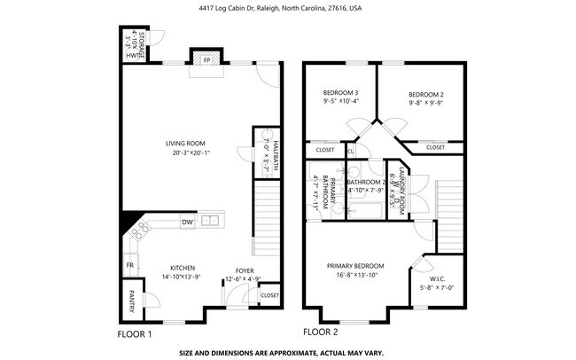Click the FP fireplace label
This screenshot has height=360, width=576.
[207, 61]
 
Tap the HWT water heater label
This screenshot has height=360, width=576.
[132, 56]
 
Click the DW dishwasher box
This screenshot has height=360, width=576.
[187, 222]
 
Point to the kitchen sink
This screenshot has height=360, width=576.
[211, 221]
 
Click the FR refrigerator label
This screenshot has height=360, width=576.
[129, 265]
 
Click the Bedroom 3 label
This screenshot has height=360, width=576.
[340, 93]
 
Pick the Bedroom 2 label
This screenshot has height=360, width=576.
[425, 94]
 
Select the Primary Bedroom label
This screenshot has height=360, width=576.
[355, 266]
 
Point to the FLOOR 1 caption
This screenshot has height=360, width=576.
[135, 334]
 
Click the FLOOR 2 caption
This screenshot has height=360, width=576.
[321, 333]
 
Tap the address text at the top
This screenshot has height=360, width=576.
[287, 8]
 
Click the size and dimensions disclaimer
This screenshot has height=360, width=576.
[281, 352]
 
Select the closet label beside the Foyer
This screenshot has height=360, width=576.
[269, 294]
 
